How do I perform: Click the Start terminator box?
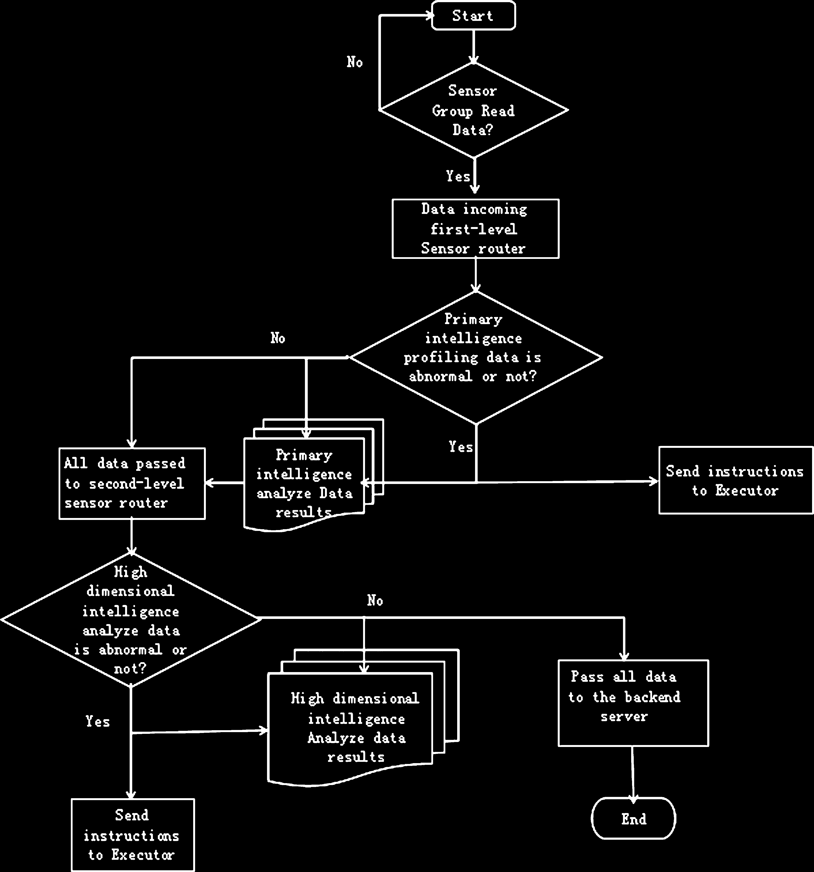[x=473, y=16]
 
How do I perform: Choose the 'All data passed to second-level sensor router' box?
[x=132, y=483]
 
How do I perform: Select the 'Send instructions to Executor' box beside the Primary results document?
[x=735, y=480]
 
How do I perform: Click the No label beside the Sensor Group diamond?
[x=354, y=62]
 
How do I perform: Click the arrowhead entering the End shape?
[x=633, y=799]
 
